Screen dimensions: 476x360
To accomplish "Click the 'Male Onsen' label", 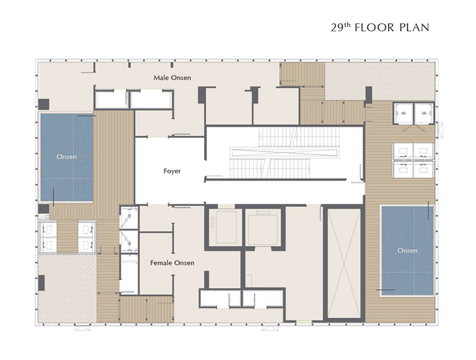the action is click(x=172, y=78).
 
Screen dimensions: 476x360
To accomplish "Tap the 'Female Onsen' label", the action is click(x=172, y=263).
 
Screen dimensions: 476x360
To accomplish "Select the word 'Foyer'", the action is click(x=172, y=171).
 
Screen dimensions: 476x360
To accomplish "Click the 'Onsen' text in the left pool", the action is click(x=66, y=156).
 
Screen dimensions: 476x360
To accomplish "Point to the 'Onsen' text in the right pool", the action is click(x=408, y=251).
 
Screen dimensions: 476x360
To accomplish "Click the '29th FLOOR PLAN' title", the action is click(x=380, y=28).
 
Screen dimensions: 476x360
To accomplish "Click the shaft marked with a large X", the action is click(x=344, y=263).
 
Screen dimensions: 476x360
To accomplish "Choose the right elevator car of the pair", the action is click(x=263, y=228).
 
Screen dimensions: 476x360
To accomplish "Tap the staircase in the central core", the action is click(x=284, y=152).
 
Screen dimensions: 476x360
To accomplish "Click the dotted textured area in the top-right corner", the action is click(x=379, y=81).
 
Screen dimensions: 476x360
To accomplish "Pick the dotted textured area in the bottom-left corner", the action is click(x=67, y=288).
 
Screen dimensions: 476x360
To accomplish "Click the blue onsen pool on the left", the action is click(x=66, y=157).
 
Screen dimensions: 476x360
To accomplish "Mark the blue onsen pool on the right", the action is click(x=408, y=251).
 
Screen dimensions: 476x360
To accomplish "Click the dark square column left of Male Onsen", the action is click(x=44, y=104).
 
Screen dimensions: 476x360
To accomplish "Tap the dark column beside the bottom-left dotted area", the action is click(x=41, y=283).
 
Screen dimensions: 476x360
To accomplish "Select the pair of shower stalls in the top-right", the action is click(x=414, y=114).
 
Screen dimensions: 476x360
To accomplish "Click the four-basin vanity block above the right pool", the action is click(x=414, y=160).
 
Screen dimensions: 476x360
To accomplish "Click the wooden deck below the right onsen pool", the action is click(x=400, y=309).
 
